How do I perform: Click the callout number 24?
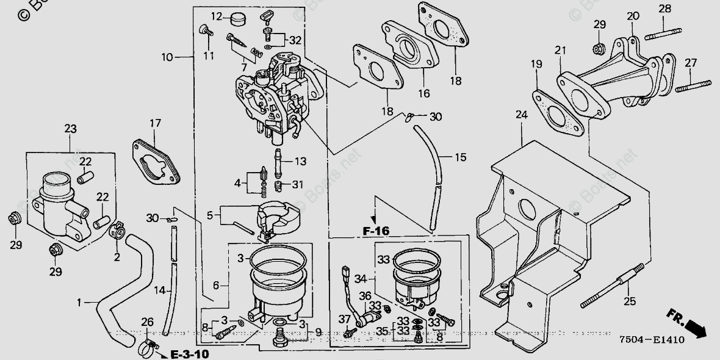coord(520,115)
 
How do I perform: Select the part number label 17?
coord(154,124)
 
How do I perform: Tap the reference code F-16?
coord(375,231)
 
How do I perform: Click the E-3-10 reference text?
coord(189,354)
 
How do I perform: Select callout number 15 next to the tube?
coord(460,157)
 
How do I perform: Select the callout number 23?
coord(70,129)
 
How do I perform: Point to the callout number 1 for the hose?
coord(79,302)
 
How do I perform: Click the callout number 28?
coord(664,9)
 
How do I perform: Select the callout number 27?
coord(690,62)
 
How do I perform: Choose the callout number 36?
coord(365,295)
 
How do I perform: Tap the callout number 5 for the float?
coord(211,215)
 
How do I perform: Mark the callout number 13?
coord(301,162)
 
